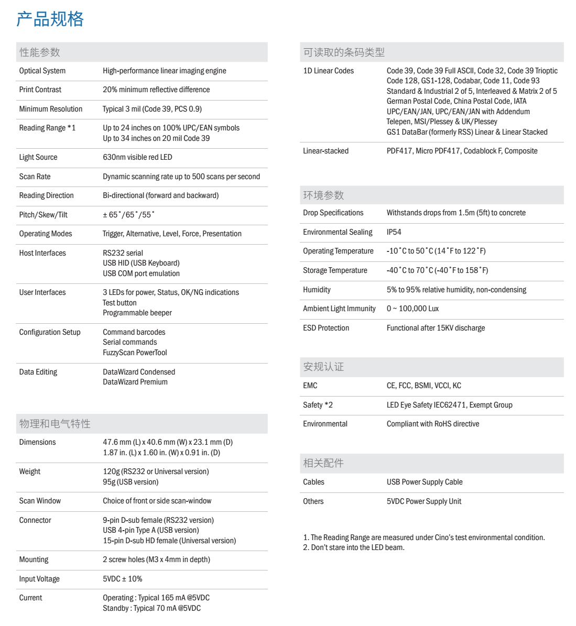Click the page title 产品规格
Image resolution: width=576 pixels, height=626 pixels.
[50, 19]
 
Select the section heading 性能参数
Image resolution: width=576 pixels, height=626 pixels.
[40, 52]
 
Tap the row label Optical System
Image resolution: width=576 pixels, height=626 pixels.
[42, 71]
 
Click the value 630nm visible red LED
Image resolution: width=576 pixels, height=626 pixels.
[137, 157]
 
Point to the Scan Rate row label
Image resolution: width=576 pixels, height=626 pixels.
[35, 177]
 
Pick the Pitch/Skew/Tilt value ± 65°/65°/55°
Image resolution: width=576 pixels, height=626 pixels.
[128, 215]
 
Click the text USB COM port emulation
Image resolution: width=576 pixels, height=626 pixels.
[141, 273]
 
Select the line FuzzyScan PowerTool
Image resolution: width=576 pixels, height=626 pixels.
[135, 353]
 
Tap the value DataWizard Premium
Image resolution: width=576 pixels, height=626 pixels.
[135, 382]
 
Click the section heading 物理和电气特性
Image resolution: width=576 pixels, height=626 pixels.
[55, 424]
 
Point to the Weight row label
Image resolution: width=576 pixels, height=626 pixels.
[30, 471]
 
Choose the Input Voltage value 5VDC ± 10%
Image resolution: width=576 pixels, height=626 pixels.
[123, 579]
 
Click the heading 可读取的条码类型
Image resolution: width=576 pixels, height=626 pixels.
[344, 52]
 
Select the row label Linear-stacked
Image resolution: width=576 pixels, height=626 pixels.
[325, 151]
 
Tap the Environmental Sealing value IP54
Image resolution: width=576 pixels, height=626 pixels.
[394, 232]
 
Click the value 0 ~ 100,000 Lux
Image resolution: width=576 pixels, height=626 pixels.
[412, 309]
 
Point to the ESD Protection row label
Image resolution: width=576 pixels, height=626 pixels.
[326, 328]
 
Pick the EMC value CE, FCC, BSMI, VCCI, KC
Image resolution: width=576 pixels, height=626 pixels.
[424, 386]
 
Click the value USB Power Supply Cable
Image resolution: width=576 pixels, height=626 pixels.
[425, 482]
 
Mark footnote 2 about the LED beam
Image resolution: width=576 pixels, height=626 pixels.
[354, 547]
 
